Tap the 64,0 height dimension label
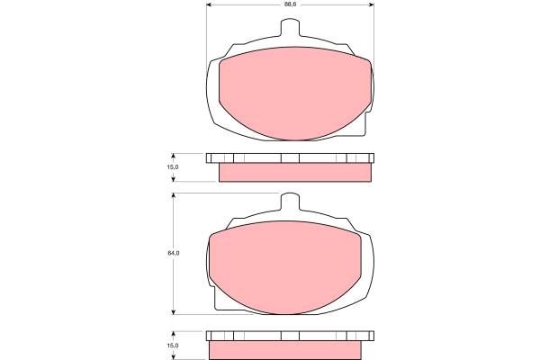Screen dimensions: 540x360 174,253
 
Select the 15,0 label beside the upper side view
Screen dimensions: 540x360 173,167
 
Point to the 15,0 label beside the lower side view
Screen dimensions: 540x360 173,346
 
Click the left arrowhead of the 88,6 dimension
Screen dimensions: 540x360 209,4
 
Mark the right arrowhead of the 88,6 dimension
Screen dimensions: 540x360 371,4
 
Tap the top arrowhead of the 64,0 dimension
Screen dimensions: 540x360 174,195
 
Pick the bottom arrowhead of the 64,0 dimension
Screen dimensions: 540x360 174,311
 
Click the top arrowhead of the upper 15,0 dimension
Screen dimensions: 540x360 173,157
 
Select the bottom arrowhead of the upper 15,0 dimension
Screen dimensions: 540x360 173,178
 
